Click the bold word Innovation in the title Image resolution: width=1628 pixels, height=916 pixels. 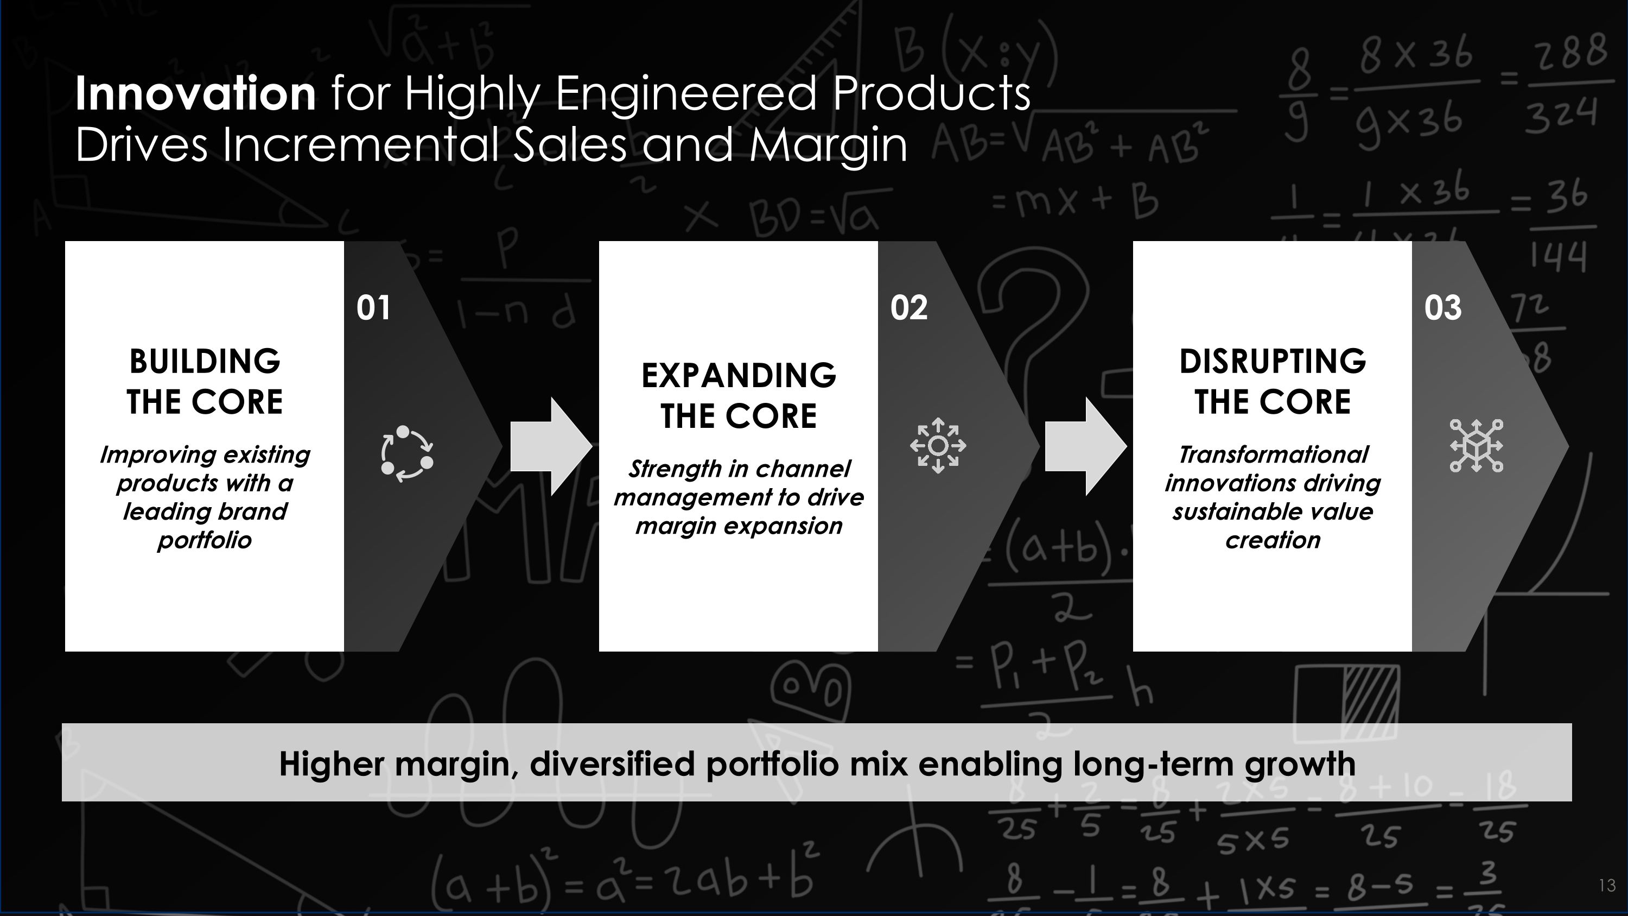195,93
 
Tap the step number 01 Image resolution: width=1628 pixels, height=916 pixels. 373,308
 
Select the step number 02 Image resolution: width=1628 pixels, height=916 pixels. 908,308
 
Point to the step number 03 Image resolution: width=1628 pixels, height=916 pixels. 1442,308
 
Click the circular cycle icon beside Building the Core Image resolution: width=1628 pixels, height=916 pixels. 407,453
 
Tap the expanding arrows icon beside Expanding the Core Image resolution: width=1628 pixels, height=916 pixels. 938,446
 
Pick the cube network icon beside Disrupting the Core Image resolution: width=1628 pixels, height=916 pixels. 1476,446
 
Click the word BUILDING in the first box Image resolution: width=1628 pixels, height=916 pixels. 205,362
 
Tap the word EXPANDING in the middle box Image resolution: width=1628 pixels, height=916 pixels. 738,376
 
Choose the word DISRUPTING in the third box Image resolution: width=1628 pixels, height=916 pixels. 1272,362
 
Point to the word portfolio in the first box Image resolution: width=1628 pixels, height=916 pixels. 205,540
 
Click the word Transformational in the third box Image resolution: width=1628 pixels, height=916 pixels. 1272,454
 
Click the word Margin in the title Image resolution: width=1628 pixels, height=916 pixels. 828,146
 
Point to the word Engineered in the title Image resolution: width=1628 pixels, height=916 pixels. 686,93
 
